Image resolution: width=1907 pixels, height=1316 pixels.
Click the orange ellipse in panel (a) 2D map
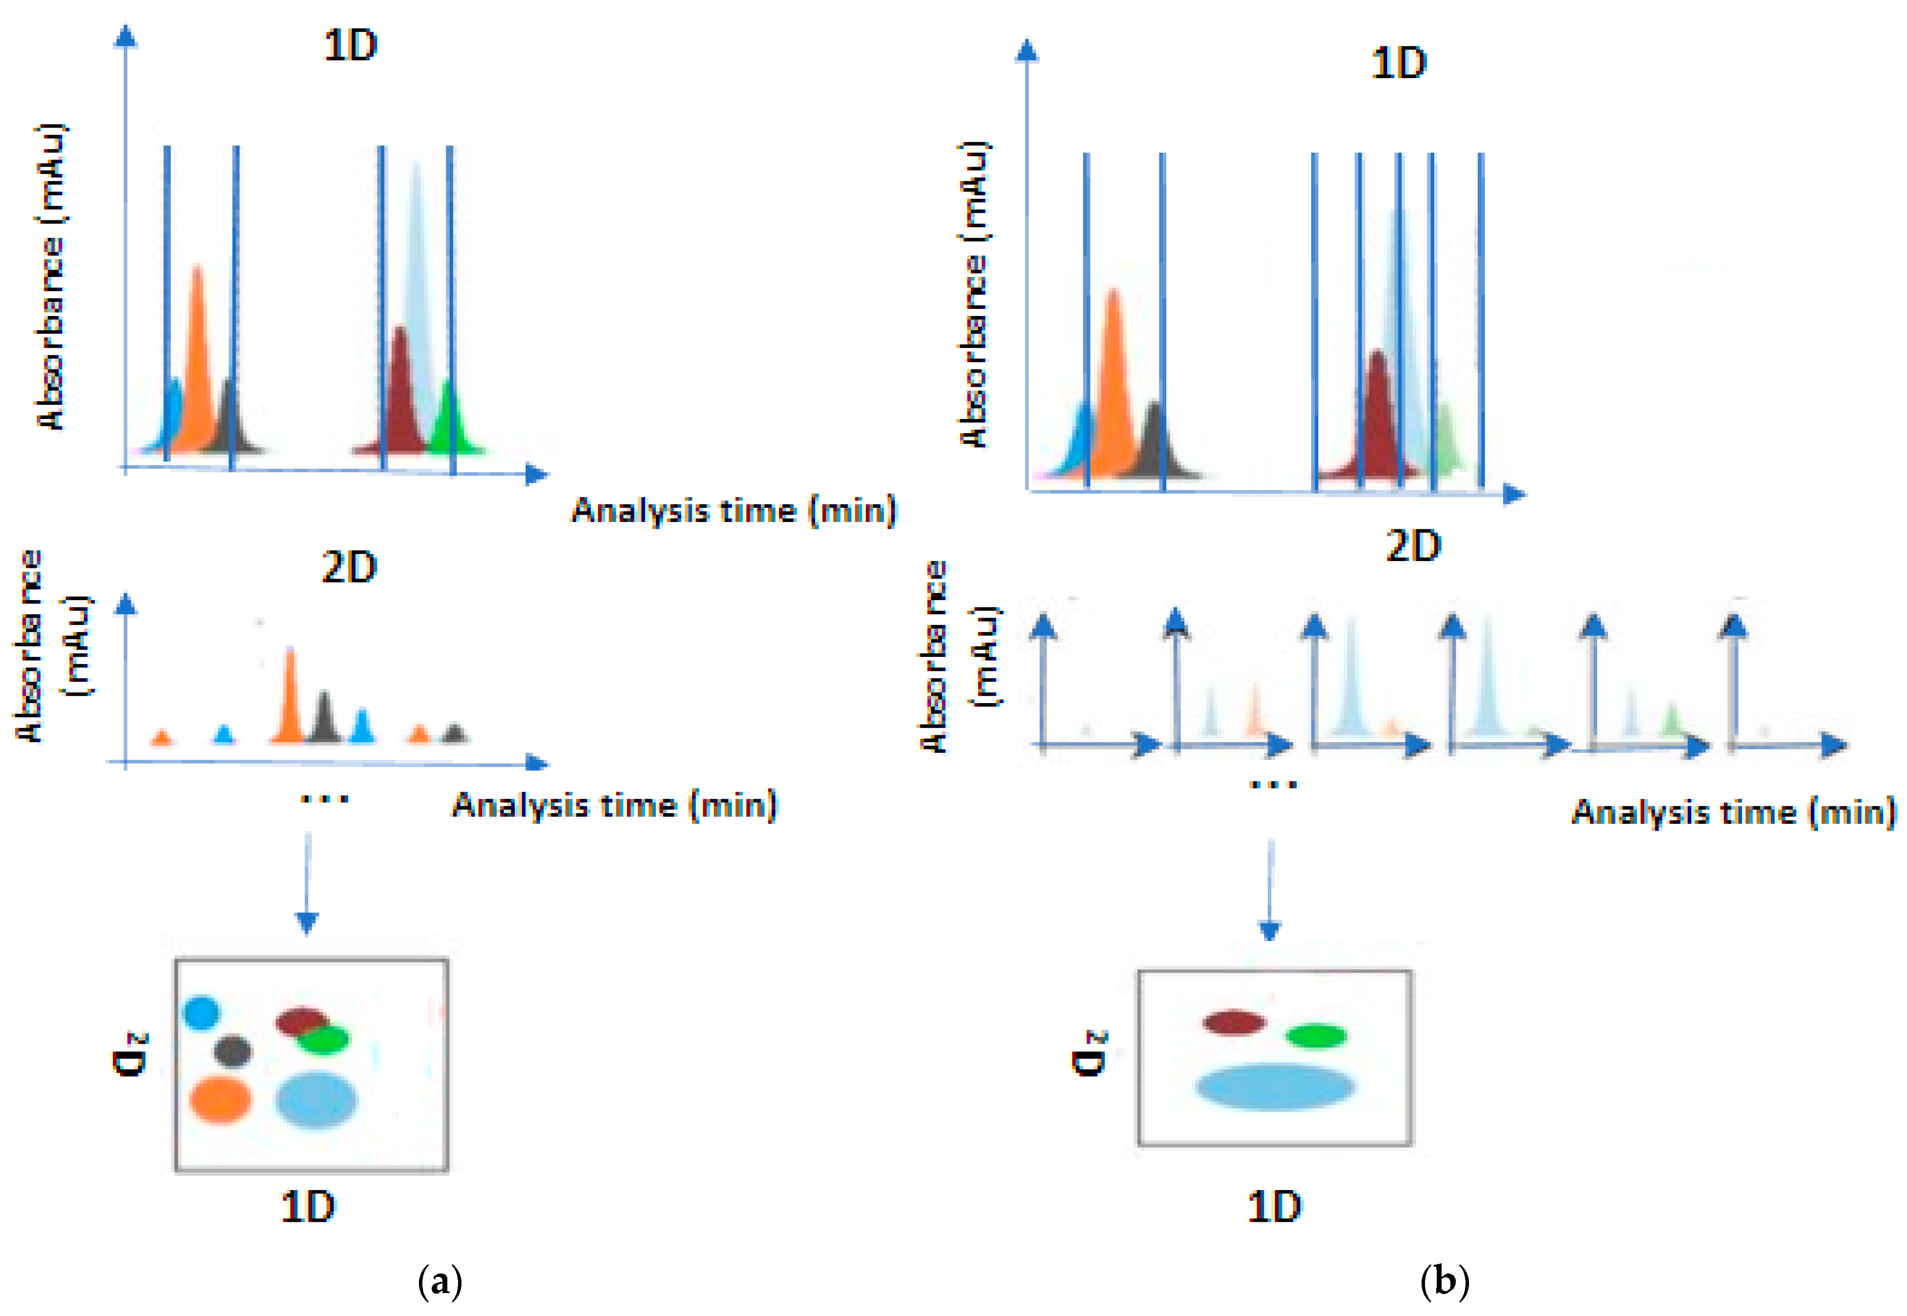(x=220, y=1099)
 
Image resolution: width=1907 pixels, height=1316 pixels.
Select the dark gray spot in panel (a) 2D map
(x=232, y=1051)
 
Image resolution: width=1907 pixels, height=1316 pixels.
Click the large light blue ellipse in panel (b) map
(x=1276, y=1087)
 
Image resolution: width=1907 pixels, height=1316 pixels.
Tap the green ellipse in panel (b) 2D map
(x=1317, y=1036)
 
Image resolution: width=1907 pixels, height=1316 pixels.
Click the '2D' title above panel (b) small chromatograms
(x=1413, y=546)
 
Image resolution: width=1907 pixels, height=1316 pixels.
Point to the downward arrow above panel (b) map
(x=1270, y=891)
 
